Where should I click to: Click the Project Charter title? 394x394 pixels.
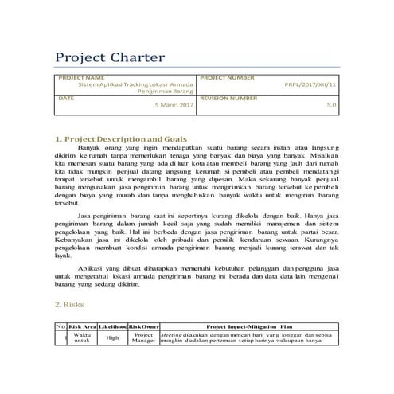click(109, 58)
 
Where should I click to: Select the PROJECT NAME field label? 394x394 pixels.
click(79, 78)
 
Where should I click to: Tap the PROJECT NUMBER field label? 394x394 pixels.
click(228, 78)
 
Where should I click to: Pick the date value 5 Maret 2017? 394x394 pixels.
click(174, 104)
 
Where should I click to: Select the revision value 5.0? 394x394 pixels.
click(332, 104)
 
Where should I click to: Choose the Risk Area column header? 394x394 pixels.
click(84, 326)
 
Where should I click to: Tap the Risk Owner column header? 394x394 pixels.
click(143, 326)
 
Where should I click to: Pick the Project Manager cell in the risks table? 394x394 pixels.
click(143, 338)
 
